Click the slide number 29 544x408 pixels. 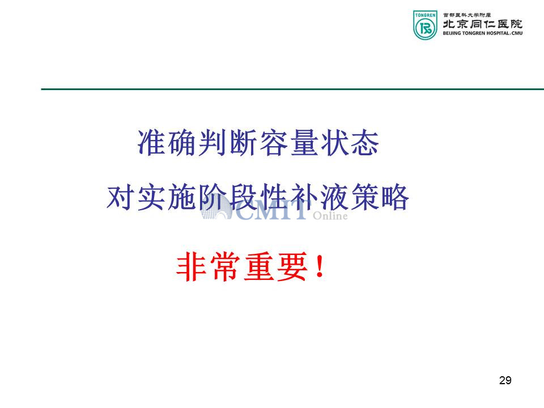coord(505,380)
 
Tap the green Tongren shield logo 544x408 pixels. coord(425,25)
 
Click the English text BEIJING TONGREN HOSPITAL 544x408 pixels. coord(477,33)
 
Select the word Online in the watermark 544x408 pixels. coord(330,216)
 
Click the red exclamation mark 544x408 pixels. coord(320,266)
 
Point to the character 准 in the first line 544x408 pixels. coord(151,143)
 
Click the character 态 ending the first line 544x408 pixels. coord(364,143)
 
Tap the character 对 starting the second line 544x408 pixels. coord(120,197)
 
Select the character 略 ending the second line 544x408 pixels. coord(395,197)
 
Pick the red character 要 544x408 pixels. coord(292,266)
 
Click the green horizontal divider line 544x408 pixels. coord(292,89)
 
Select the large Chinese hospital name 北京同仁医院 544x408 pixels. coord(482,24)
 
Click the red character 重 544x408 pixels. coord(258,266)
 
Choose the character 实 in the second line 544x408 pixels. coord(151,197)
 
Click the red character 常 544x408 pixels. coord(225,266)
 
